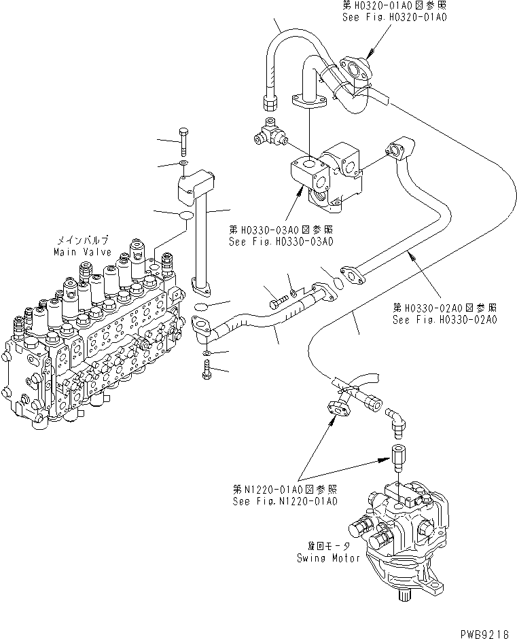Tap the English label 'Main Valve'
point(80,252)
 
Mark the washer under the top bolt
point(184,164)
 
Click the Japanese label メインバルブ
point(80,240)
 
